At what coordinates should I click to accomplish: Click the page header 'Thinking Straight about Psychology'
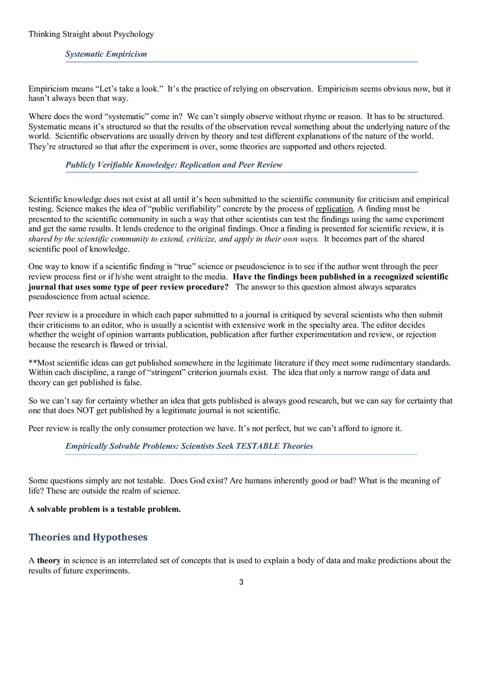click(x=91, y=34)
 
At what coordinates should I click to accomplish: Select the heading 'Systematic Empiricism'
click(x=106, y=54)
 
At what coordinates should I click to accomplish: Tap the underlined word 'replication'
click(x=334, y=209)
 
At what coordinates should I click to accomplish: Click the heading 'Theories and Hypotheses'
click(x=88, y=537)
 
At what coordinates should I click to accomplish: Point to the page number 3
click(x=241, y=582)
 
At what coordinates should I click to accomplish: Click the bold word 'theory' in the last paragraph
click(x=49, y=561)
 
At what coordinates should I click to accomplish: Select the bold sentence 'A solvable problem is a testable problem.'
click(x=104, y=509)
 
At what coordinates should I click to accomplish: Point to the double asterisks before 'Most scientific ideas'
click(x=32, y=363)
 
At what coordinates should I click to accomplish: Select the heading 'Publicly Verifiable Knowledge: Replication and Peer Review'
click(x=173, y=165)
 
